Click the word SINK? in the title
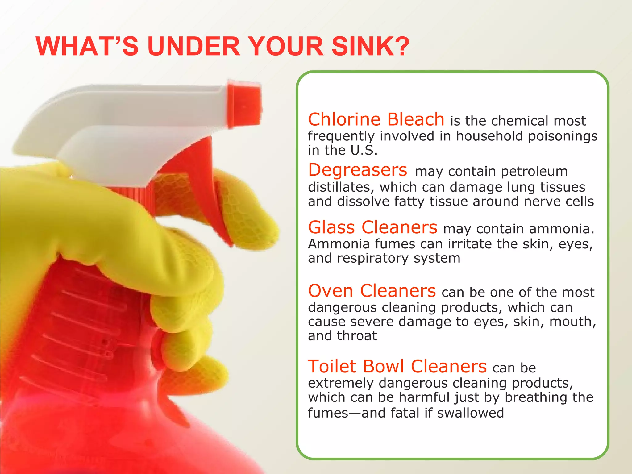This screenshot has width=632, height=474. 371,46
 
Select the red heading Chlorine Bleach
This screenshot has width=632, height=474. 376,119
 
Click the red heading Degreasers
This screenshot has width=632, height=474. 358,170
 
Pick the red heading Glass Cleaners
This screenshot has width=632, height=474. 372,227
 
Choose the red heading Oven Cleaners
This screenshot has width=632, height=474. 372,291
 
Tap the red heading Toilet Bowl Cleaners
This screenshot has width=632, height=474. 397,367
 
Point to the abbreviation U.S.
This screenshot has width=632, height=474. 364,150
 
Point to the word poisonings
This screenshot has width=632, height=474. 563,136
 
